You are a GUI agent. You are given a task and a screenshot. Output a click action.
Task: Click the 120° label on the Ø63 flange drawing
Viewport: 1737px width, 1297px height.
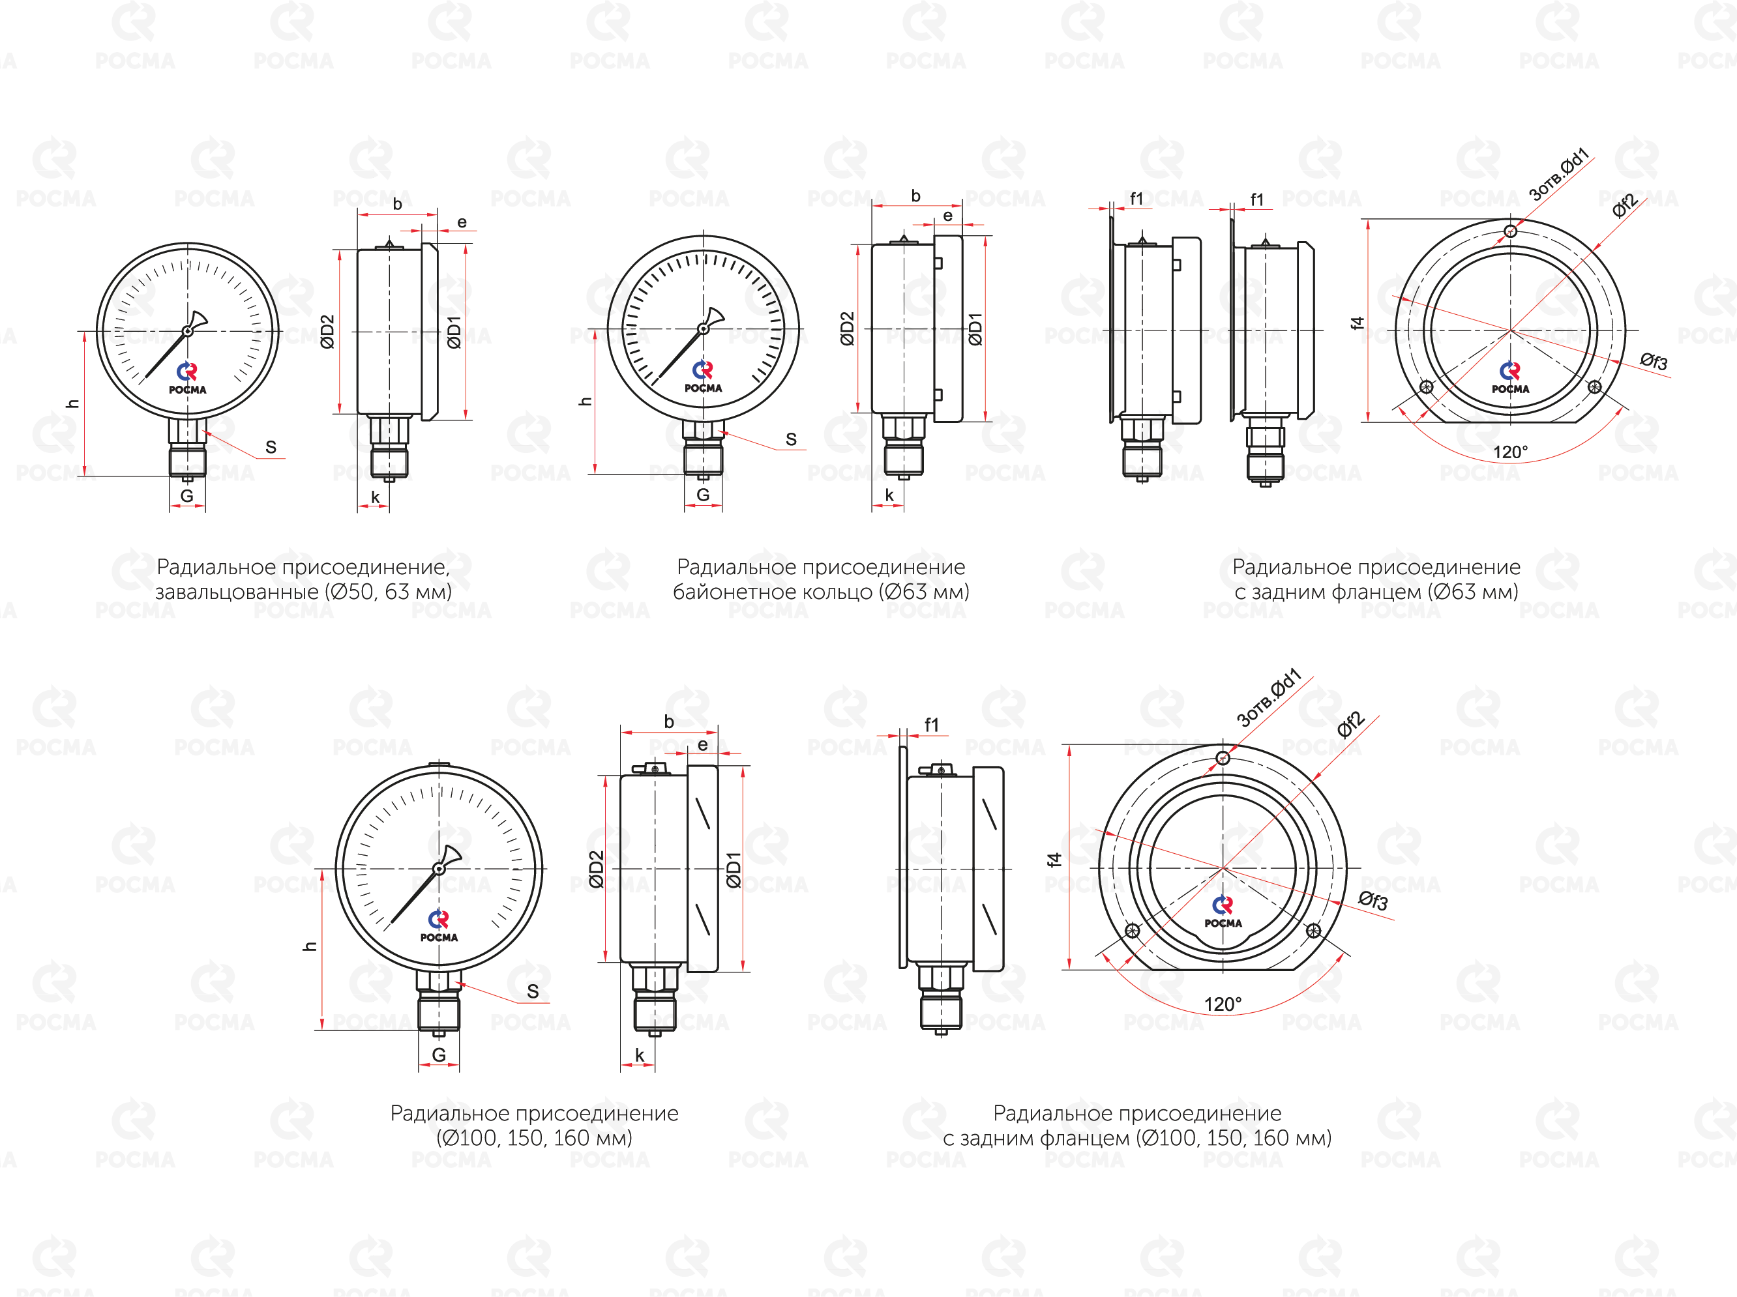pyautogui.click(x=1510, y=452)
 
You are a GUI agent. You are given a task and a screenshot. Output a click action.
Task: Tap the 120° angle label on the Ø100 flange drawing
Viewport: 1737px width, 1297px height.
pyautogui.click(x=1223, y=1004)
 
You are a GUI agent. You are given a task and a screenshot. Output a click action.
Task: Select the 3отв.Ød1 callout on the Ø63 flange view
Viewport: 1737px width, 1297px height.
pyautogui.click(x=1559, y=173)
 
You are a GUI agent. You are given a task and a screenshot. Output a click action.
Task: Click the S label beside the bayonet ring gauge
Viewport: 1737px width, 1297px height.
pyautogui.click(x=791, y=440)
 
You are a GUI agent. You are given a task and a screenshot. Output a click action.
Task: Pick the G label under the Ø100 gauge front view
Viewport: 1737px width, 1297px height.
pyautogui.click(x=439, y=1055)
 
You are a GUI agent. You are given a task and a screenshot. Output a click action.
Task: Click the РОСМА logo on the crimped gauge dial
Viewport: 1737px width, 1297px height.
pyautogui.click(x=188, y=379)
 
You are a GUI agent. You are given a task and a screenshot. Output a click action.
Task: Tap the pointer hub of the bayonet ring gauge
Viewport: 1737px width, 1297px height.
pyautogui.click(x=704, y=329)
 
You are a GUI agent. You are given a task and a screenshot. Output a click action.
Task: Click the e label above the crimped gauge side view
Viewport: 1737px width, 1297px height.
pyautogui.click(x=462, y=222)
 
